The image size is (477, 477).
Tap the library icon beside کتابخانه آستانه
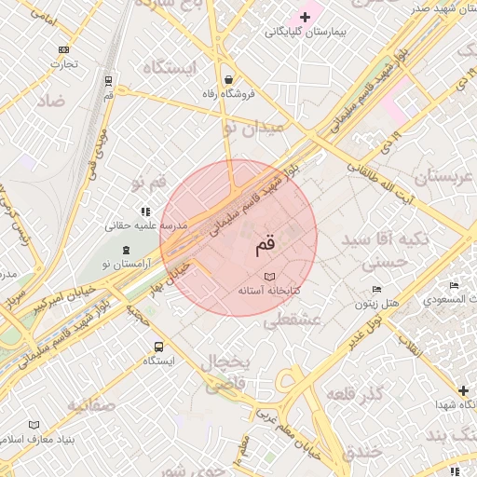coord(270,277)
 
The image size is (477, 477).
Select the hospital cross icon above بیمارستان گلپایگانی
coord(305,17)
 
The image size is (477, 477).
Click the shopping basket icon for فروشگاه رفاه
coord(228,79)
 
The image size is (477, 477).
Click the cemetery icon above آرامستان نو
coord(126,250)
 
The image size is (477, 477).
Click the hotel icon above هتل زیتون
coord(376,290)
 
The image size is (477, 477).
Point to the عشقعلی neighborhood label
coord(292,320)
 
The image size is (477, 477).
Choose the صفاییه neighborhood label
coord(85,405)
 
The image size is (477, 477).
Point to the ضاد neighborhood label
coord(50,101)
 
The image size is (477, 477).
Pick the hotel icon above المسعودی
coord(454,285)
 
